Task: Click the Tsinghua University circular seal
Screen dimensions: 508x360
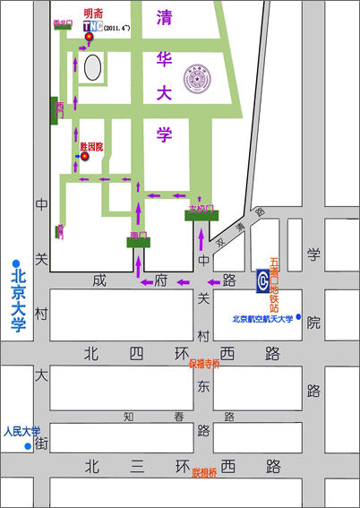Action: [195, 74]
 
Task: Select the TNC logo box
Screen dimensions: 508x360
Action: [90, 27]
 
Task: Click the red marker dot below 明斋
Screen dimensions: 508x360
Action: [89, 37]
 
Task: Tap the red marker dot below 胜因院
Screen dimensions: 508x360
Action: [85, 156]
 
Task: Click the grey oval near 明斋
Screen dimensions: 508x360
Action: [92, 65]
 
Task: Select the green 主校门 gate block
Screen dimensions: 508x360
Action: [201, 214]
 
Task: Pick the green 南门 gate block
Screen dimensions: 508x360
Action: [138, 239]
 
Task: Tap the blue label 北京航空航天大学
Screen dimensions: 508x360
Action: [262, 318]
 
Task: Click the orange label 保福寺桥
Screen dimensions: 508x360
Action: [203, 364]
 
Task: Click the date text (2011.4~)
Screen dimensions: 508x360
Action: [116, 28]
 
